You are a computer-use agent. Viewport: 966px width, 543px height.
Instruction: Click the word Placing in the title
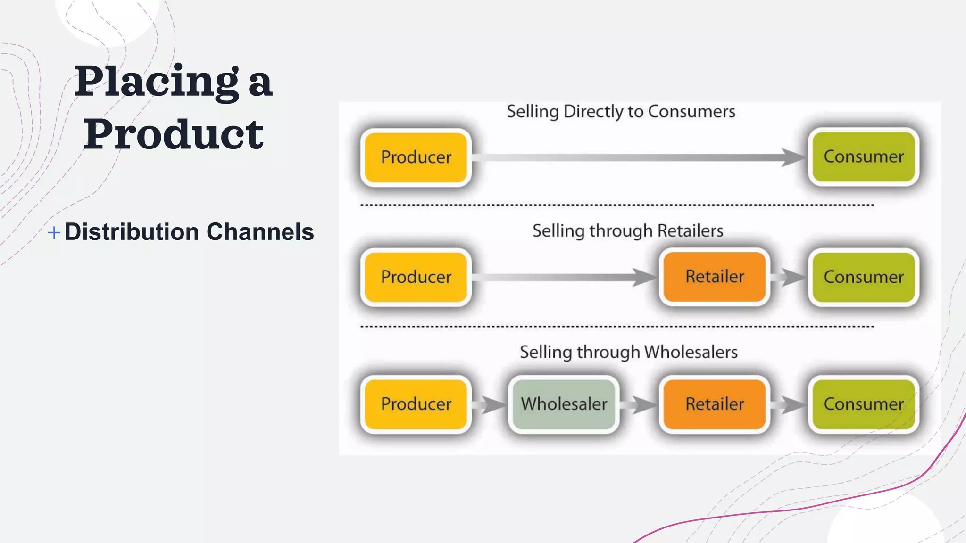coord(156,82)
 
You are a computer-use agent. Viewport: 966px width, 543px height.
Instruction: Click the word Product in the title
coord(174,134)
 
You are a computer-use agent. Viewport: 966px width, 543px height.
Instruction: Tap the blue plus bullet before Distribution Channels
coord(54,232)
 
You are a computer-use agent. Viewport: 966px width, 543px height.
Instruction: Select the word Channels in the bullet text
coord(260,232)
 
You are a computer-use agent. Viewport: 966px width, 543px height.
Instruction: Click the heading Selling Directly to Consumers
coord(621,112)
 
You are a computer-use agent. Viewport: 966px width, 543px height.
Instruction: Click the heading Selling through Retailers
coord(627,231)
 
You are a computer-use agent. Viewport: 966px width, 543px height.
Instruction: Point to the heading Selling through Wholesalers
coord(628,352)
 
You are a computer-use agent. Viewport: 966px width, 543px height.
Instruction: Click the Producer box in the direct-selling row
coord(416,157)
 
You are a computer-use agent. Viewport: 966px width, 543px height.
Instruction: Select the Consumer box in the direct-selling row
coord(863,156)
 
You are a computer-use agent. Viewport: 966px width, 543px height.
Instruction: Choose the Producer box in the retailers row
coord(416,277)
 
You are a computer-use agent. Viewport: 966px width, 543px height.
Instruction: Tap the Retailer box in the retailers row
coord(714,277)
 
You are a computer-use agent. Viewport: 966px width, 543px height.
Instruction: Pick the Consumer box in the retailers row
coord(863,277)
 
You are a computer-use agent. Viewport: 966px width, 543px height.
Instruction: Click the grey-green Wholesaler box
coord(564,404)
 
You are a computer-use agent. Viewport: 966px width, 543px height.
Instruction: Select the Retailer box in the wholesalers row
coord(714,404)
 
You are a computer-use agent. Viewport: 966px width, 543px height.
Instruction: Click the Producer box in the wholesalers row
coord(416,404)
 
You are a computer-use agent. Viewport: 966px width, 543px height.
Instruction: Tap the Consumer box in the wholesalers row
coord(863,404)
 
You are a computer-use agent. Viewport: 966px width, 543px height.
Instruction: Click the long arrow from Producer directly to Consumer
coord(637,157)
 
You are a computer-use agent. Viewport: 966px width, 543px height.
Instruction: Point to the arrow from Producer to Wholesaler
coord(490,404)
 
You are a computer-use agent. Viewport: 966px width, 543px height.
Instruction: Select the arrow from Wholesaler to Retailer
coord(639,404)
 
